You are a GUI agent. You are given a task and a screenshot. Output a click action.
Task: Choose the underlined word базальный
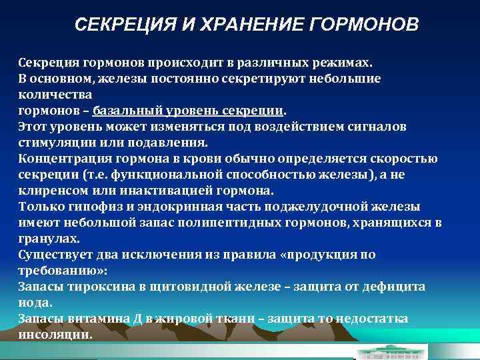[122, 110]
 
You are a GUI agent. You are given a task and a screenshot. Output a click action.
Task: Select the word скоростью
[408, 158]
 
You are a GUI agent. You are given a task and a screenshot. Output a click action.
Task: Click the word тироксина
[95, 285]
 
